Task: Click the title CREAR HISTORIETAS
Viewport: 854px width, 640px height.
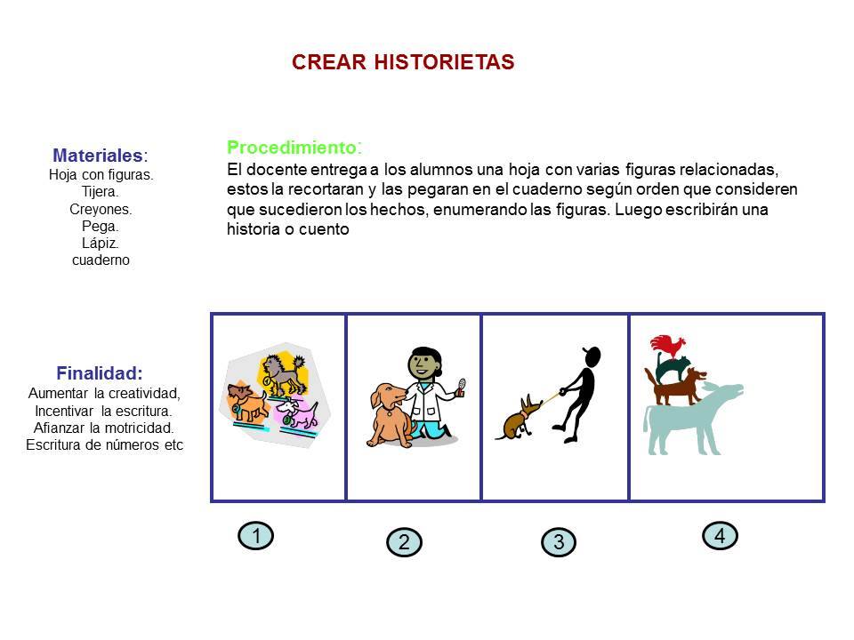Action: click(403, 62)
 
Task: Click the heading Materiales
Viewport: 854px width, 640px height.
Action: click(101, 156)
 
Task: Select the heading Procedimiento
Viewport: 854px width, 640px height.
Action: click(294, 148)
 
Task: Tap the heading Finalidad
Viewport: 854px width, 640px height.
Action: click(100, 373)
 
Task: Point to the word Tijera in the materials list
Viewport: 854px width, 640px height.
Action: click(101, 192)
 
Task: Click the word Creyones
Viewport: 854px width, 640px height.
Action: click(101, 209)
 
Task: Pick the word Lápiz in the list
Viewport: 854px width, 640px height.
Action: click(101, 244)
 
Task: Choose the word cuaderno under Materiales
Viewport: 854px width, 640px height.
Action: click(101, 260)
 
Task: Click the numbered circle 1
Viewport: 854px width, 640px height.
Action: click(256, 535)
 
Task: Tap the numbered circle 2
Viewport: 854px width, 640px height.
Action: click(404, 542)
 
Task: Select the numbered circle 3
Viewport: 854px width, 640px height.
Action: click(559, 542)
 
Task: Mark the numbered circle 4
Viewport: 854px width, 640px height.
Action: click(720, 535)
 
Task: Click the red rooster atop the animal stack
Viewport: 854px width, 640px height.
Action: click(667, 346)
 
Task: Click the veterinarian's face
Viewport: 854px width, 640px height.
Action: click(421, 365)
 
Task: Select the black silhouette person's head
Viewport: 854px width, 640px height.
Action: click(592, 356)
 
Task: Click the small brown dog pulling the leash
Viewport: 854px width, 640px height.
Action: click(518, 418)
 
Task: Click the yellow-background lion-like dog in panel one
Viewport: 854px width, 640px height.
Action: click(283, 372)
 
